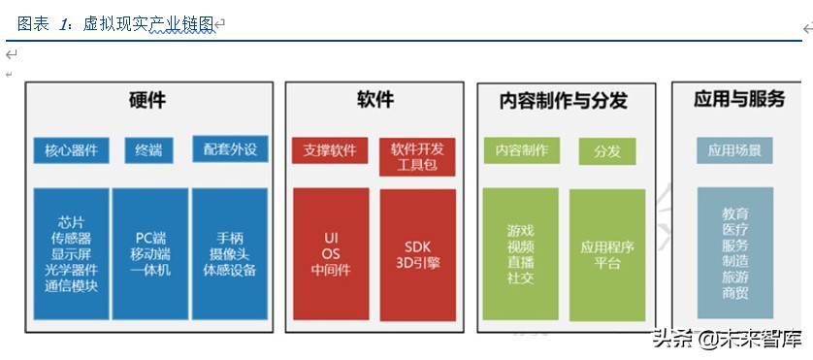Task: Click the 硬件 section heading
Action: [x=147, y=101]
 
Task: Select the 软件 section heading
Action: [x=374, y=100]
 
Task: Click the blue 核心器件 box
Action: [x=71, y=149]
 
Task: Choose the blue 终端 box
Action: [x=148, y=149]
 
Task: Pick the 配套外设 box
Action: [x=230, y=149]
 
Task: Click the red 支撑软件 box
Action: [x=330, y=150]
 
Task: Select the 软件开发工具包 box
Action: [x=417, y=156]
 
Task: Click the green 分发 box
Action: [x=607, y=151]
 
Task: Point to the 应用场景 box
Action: [x=734, y=150]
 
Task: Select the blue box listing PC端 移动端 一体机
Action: [x=150, y=253]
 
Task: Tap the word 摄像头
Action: [x=230, y=253]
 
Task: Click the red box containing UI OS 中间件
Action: [x=331, y=253]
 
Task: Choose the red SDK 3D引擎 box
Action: [x=417, y=253]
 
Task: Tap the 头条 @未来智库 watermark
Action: [x=727, y=340]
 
